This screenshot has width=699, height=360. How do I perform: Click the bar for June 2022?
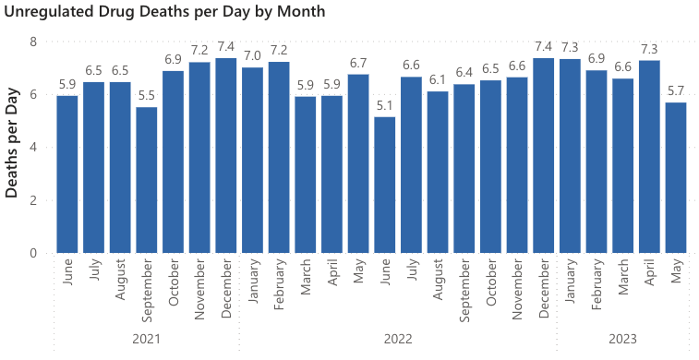point(385,185)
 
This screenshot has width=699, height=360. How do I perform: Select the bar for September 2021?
point(147,180)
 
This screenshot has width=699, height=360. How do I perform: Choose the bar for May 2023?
point(676,177)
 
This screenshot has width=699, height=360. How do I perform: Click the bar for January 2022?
point(253,160)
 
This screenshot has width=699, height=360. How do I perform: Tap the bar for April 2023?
point(650,156)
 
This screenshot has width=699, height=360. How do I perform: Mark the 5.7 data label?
point(676,90)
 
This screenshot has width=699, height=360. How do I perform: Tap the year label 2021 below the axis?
point(147,340)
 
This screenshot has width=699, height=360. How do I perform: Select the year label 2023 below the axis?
point(623,340)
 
